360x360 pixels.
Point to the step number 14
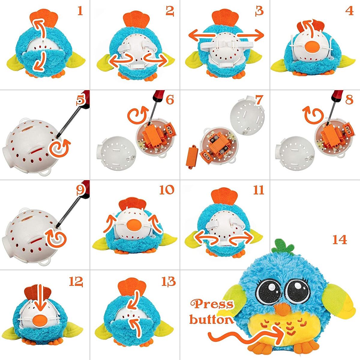(339, 239)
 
